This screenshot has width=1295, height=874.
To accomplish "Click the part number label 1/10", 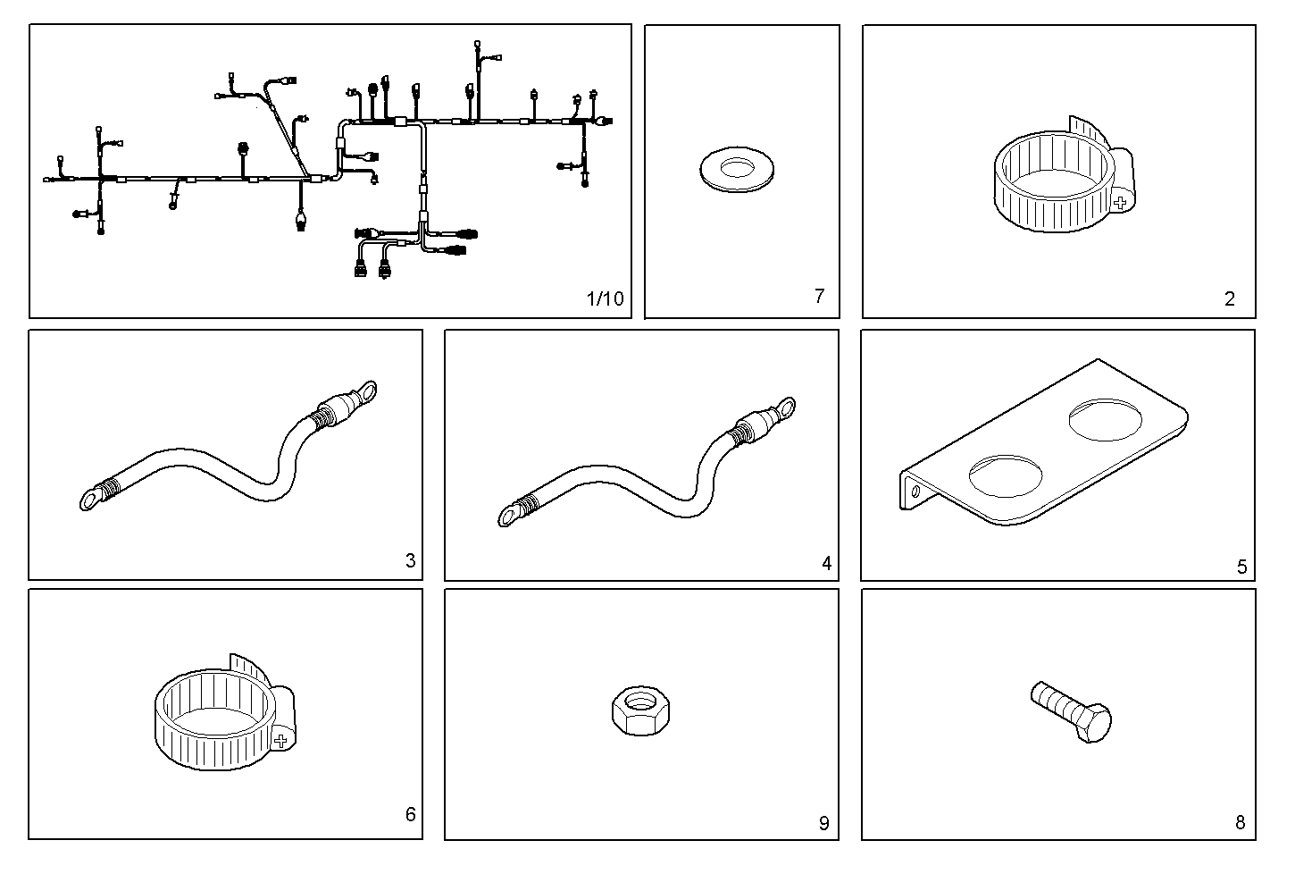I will click(605, 298).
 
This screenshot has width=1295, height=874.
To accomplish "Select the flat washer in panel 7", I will click(739, 170).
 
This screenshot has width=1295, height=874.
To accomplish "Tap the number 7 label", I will click(819, 296).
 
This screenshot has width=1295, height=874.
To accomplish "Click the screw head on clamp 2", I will click(1120, 203).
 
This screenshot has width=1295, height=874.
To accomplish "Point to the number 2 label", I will click(1229, 299).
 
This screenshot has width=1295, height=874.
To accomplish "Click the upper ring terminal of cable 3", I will click(364, 393).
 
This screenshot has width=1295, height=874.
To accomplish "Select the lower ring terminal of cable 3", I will click(90, 499).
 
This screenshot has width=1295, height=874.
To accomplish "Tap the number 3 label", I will click(410, 561).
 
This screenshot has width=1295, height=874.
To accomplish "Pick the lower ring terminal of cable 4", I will click(508, 514).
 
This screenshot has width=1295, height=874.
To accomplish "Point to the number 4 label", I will click(826, 563).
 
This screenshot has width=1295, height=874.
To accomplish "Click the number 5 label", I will click(1241, 567).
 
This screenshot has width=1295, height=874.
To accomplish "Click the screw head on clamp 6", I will click(281, 740).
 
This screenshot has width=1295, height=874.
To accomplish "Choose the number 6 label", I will click(410, 814).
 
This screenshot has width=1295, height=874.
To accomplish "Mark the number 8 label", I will click(1240, 823).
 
